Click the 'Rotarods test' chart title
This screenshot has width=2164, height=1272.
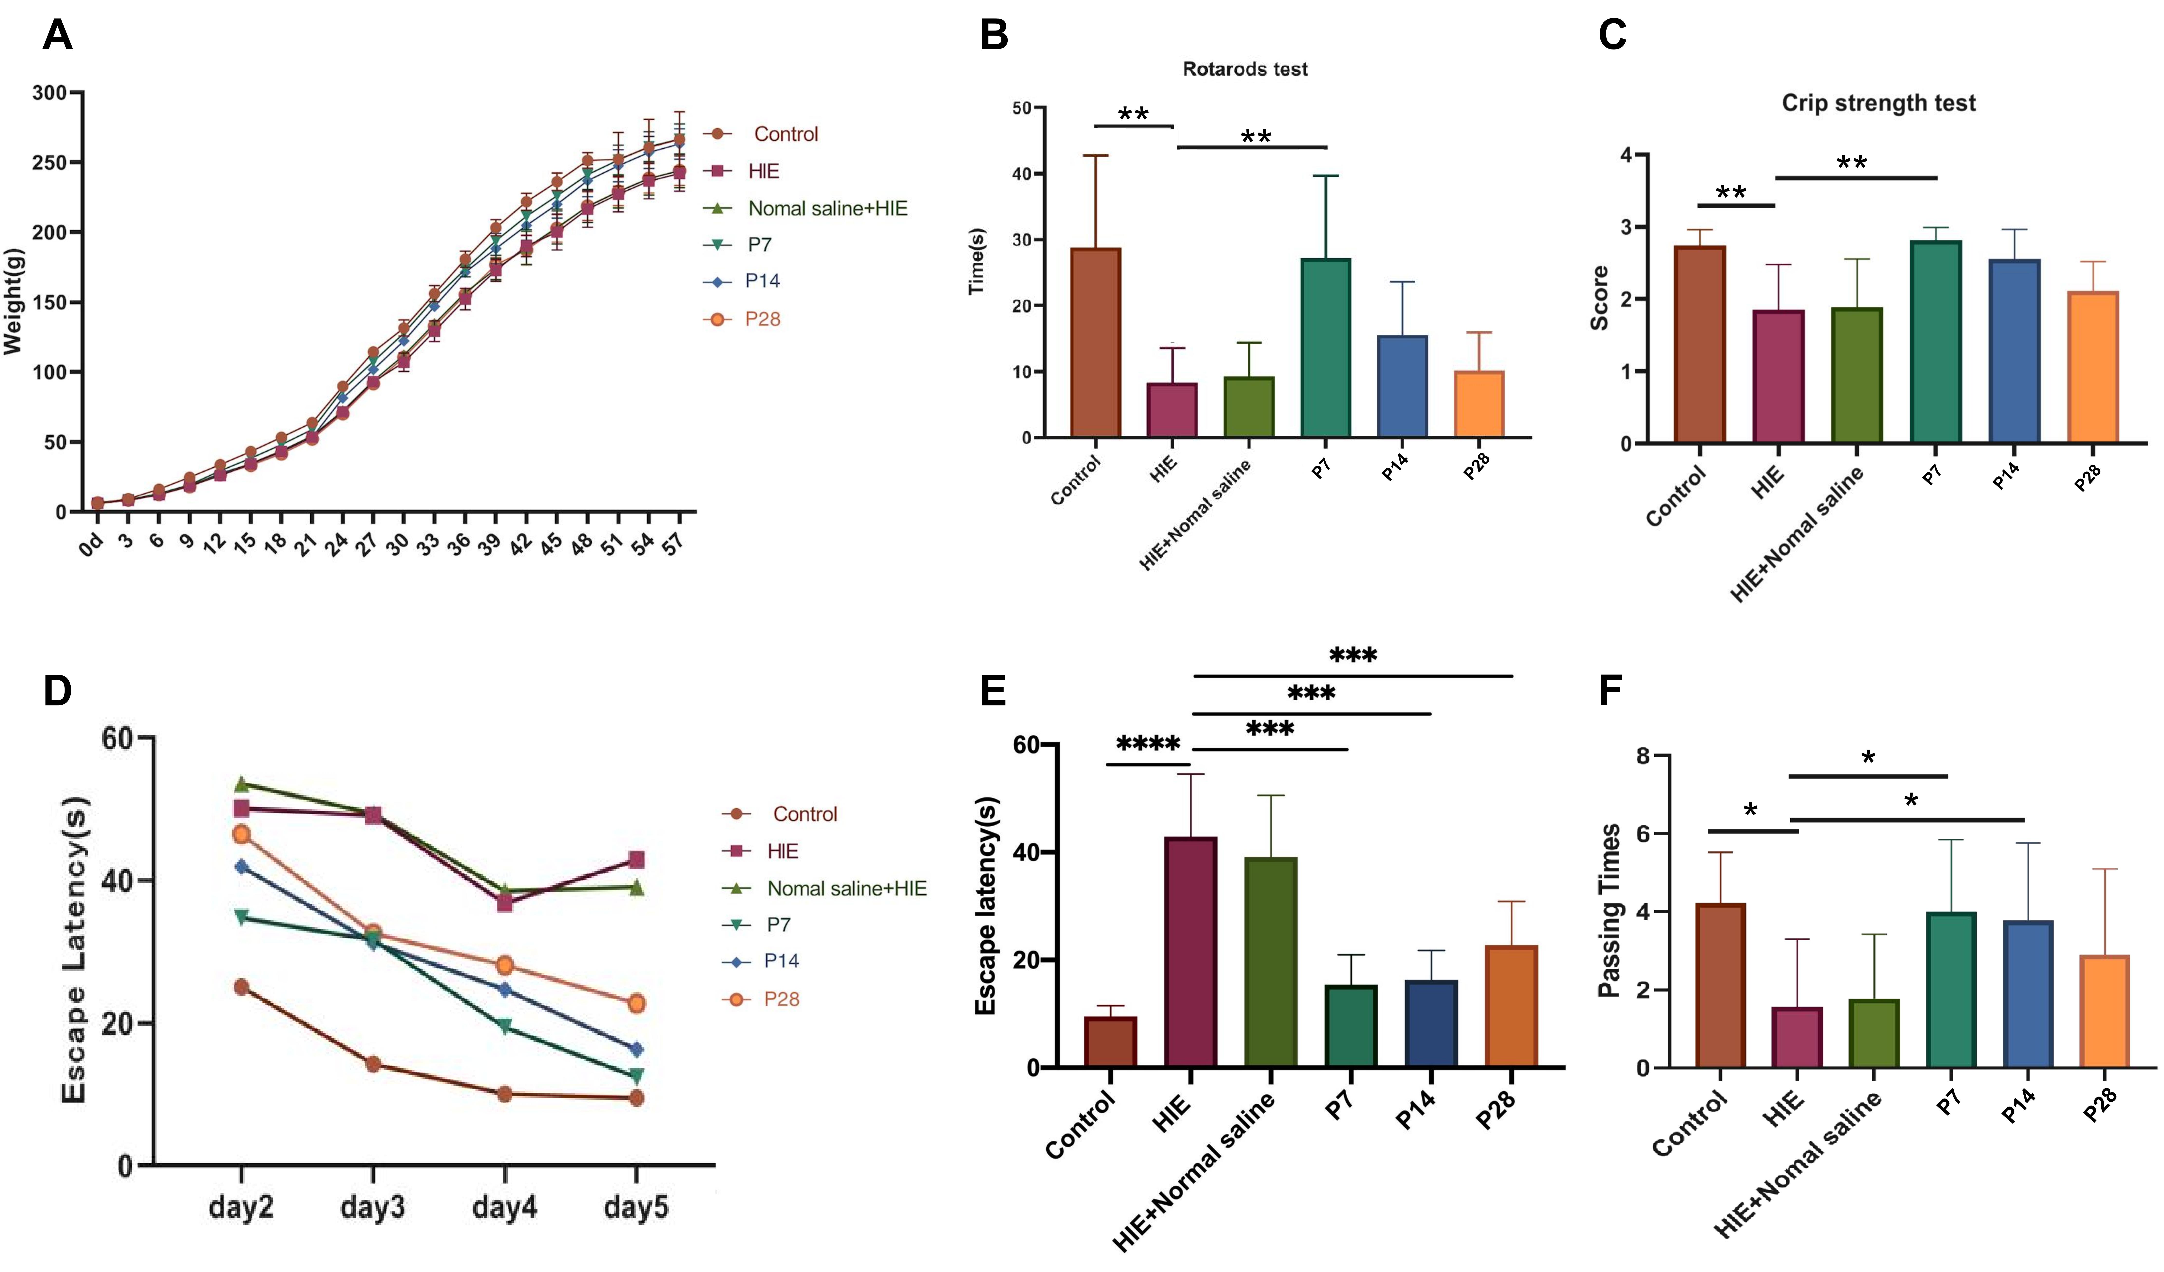click(1245, 69)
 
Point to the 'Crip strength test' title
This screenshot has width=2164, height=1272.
click(1879, 103)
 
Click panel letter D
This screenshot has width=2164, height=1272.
click(57, 690)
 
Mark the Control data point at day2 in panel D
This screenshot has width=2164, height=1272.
click(241, 987)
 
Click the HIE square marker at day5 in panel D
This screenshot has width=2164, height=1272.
click(636, 860)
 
